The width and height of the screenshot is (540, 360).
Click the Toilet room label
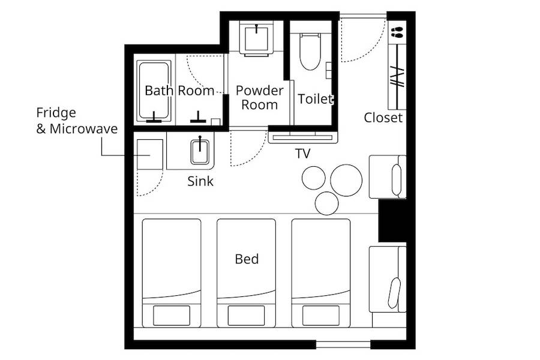tap(315, 99)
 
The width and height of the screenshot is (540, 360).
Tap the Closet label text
tap(383, 118)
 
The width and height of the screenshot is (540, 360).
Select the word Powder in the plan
tap(259, 91)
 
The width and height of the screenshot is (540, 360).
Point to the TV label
tap(303, 154)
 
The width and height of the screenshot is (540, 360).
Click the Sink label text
tap(200, 181)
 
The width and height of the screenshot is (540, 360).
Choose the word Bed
tap(247, 259)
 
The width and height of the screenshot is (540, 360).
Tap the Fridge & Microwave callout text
tap(77, 121)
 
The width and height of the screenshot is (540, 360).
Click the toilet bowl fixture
tap(310, 52)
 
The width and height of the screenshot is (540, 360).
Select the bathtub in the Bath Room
tap(154, 91)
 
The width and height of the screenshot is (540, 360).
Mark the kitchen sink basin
tap(200, 152)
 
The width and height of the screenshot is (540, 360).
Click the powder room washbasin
tap(257, 38)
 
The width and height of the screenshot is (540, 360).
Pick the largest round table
tap(346, 180)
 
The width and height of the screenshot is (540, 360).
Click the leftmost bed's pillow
tap(171, 316)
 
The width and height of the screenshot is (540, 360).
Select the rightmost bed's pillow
tap(320, 316)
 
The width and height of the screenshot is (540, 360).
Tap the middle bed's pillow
tap(246, 316)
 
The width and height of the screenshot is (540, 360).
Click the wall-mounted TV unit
tap(303, 138)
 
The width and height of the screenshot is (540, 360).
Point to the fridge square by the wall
tap(150, 154)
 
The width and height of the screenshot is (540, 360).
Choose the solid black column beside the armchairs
tap(392, 221)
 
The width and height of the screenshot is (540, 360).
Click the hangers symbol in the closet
tap(397, 77)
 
